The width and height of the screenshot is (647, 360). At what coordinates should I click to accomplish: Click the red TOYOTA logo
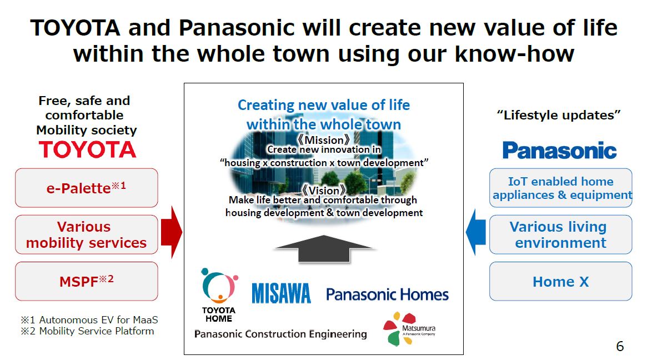(88, 149)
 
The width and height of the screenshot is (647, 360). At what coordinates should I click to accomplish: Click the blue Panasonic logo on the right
(559, 151)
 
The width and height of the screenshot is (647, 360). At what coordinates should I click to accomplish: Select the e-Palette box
(87, 188)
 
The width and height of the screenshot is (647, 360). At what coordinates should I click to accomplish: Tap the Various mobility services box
(87, 234)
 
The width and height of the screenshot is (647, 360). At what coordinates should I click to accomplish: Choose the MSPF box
(87, 281)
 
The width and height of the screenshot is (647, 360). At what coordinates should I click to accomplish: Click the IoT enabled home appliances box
(561, 188)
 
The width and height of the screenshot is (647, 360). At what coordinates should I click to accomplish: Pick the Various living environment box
(561, 234)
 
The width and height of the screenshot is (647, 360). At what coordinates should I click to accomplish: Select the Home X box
(561, 281)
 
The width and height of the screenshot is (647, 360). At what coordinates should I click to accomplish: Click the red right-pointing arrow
(171, 232)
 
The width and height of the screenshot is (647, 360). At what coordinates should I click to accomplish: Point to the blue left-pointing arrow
(476, 232)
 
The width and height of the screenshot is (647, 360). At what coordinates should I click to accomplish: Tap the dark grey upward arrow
(324, 248)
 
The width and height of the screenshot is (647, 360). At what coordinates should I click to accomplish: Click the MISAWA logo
(281, 293)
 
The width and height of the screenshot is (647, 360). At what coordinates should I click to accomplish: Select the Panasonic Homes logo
(387, 294)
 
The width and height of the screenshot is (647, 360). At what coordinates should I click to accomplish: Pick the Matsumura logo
(409, 329)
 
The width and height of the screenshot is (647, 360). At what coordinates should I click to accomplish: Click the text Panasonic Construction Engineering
(280, 333)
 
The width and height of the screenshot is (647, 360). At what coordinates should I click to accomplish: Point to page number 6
(620, 346)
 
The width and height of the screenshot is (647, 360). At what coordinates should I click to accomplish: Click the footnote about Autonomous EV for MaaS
(89, 319)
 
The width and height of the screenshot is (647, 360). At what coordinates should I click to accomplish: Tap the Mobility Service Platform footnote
(88, 331)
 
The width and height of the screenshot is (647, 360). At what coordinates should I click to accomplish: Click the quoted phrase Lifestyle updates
(559, 115)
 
